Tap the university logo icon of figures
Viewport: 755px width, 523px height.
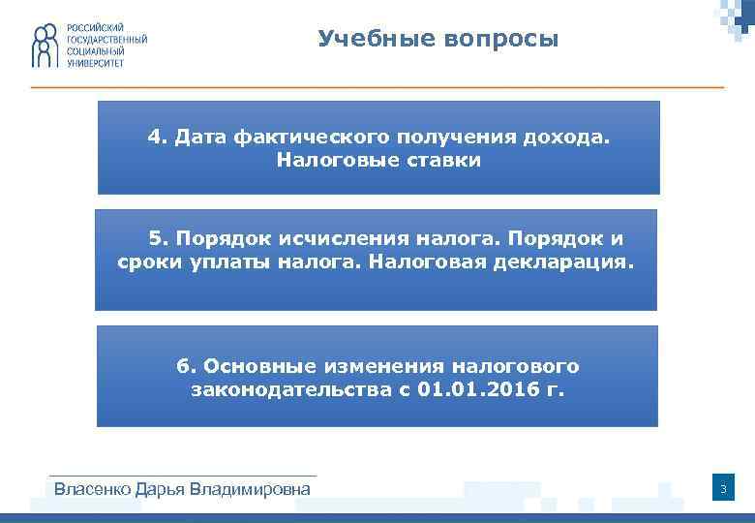click(45, 46)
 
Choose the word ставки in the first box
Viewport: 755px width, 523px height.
click(440, 160)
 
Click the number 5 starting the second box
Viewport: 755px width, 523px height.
click(154, 238)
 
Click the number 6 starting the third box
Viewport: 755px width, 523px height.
click(182, 366)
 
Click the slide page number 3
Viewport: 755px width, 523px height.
click(721, 490)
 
